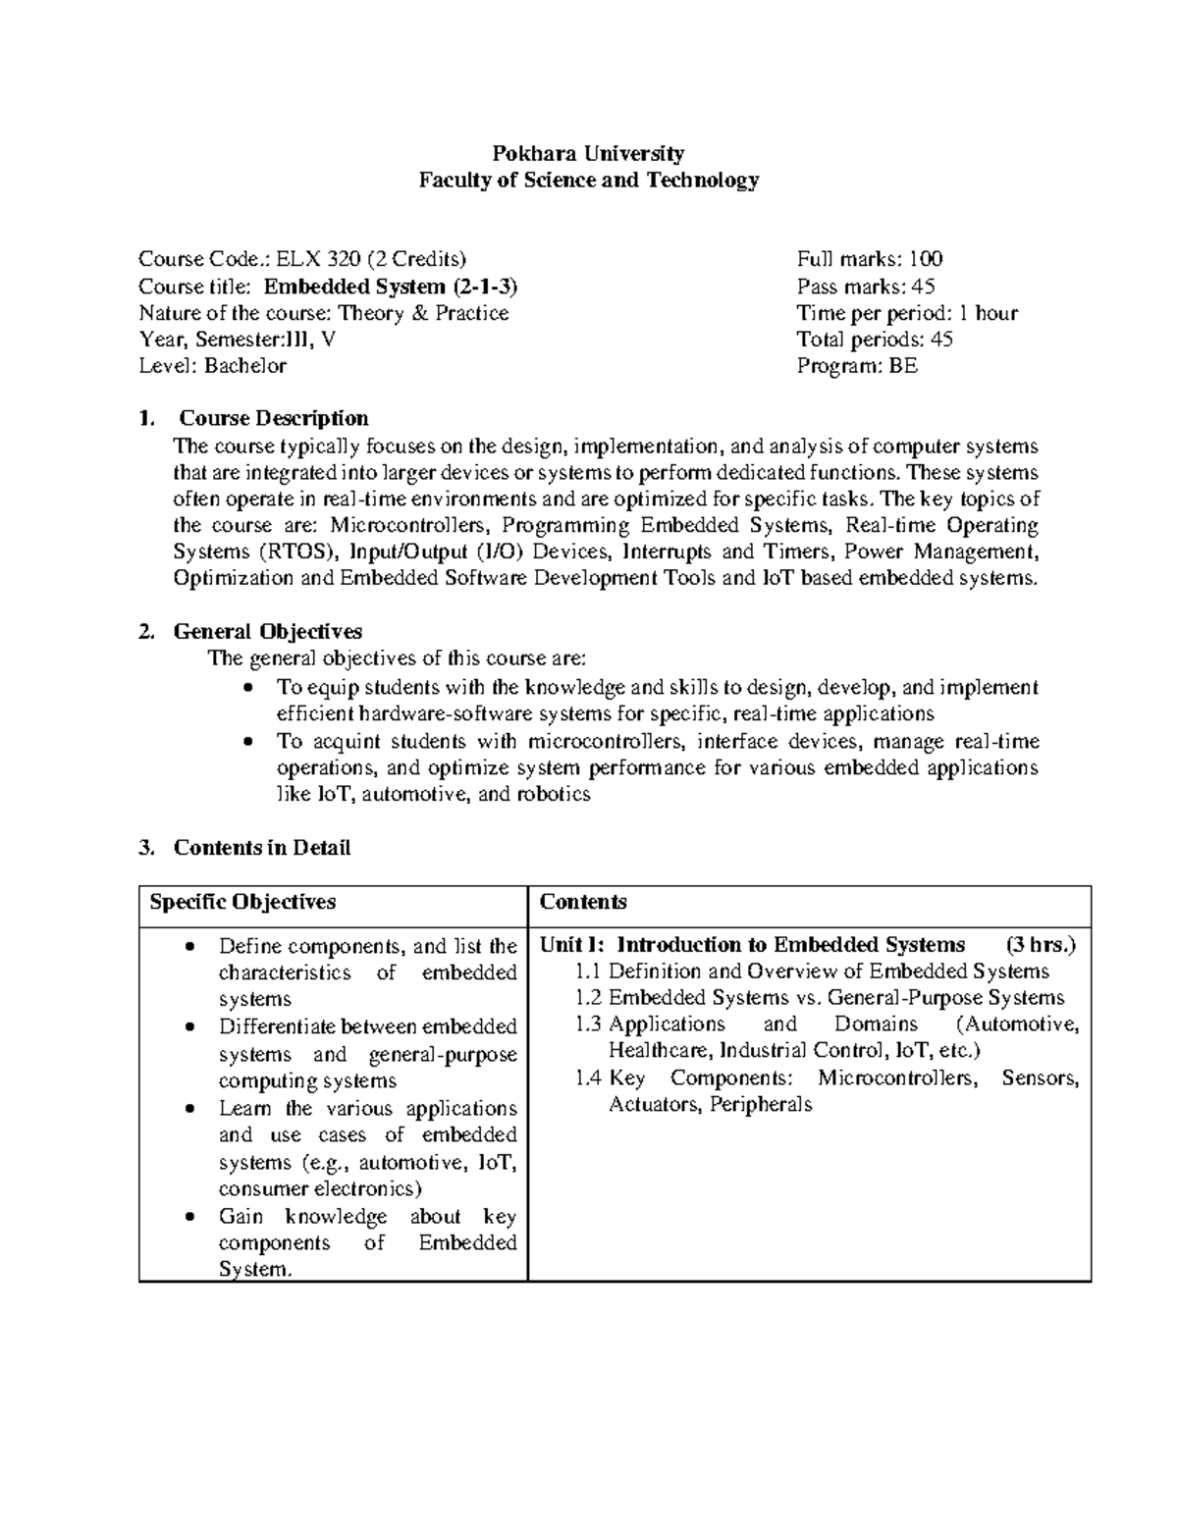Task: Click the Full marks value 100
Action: coord(925,259)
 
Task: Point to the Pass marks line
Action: coord(865,287)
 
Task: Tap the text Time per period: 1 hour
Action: coord(906,313)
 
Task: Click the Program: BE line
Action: coord(857,366)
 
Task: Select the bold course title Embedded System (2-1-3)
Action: coord(391,287)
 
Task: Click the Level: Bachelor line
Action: coord(212,366)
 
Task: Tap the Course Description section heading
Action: coord(271,419)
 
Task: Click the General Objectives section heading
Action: coord(268,631)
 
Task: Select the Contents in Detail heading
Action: coord(262,848)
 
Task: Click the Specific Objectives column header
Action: coord(242,902)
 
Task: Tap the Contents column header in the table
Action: coord(583,902)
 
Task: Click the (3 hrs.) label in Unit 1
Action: coord(1041,945)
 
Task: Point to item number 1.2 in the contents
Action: coord(587,998)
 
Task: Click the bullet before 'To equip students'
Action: coord(248,688)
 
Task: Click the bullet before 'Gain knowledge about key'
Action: coord(190,1217)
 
